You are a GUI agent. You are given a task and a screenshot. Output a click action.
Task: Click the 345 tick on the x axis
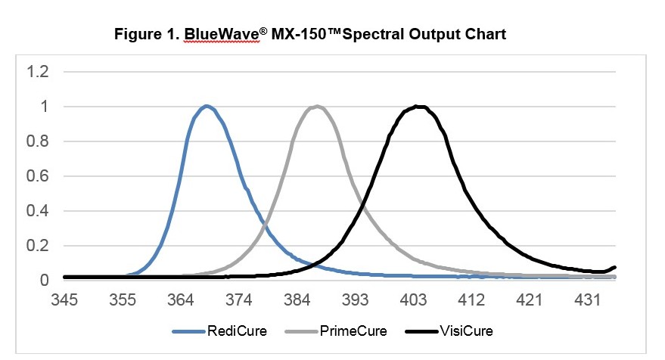[x=64, y=300]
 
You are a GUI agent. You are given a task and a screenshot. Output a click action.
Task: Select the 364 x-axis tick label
[x=181, y=300]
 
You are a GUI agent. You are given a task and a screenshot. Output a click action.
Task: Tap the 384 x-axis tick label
[x=297, y=300]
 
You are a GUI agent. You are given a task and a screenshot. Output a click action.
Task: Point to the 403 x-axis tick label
[x=414, y=300]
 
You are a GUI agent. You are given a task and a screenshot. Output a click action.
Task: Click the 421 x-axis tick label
[x=530, y=300]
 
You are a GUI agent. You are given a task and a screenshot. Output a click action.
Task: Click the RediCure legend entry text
[x=237, y=331]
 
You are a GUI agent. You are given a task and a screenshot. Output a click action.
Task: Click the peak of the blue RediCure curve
[x=205, y=106]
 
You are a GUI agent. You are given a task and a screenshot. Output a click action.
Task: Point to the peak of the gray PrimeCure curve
[x=318, y=106]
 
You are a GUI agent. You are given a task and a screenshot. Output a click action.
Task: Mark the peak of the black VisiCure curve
[x=419, y=106]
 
